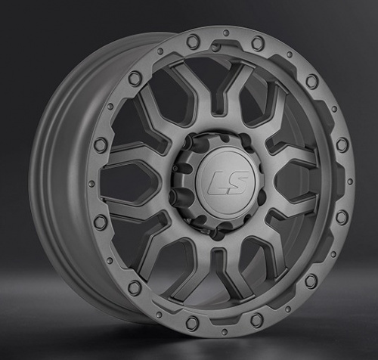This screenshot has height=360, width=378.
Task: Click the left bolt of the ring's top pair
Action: (x=193, y=41)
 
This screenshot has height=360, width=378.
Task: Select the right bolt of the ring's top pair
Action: (x=258, y=43)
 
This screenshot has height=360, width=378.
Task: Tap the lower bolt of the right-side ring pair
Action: (x=342, y=217)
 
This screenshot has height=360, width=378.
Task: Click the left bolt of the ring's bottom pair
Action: (x=192, y=323)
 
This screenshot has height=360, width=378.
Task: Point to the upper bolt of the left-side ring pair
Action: (x=101, y=145)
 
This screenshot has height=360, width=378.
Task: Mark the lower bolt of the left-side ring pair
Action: (x=101, y=222)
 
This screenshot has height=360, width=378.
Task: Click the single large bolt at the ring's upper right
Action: (x=311, y=81)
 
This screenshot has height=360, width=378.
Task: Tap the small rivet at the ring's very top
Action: (x=225, y=33)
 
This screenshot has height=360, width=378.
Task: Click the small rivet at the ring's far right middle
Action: (x=349, y=181)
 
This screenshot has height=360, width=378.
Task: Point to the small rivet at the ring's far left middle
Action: (x=91, y=184)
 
